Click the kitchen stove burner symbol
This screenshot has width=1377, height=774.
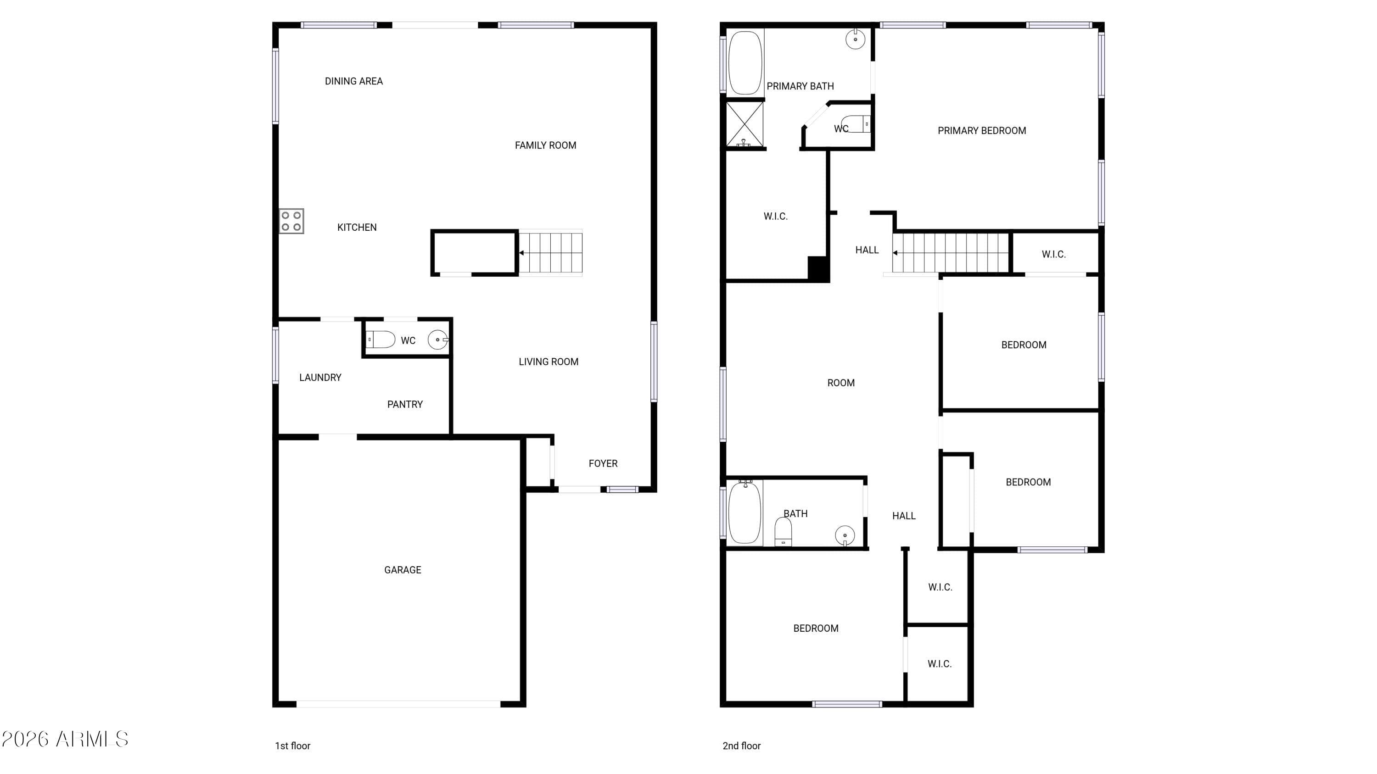(291, 221)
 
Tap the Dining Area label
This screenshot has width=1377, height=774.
(353, 81)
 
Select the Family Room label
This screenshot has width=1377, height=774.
(545, 145)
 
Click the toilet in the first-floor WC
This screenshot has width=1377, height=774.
(381, 339)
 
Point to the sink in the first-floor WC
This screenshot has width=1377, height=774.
(438, 340)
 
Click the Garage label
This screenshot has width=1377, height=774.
(403, 570)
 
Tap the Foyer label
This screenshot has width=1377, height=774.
(603, 464)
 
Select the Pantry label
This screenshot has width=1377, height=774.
(405, 404)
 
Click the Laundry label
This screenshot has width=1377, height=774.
(320, 378)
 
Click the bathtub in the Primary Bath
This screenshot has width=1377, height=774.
(744, 62)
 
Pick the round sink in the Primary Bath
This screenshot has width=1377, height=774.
(855, 39)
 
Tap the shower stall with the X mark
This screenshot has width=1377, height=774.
(744, 124)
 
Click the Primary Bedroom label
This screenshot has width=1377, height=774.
(981, 131)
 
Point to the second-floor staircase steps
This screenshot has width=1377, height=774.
(951, 253)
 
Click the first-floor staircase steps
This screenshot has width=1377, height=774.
(551, 253)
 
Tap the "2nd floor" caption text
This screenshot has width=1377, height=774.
(741, 746)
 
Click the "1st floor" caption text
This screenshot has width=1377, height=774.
(292, 746)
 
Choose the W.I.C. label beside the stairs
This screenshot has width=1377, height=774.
(1053, 255)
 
